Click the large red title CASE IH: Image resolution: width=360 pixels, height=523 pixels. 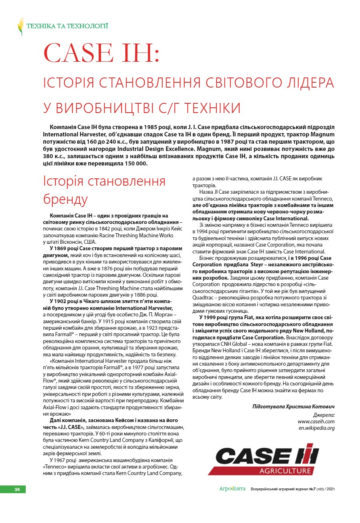click(103, 53)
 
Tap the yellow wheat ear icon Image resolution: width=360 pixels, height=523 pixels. click(21, 27)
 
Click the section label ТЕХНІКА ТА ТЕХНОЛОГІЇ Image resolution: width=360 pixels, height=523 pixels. click(67, 27)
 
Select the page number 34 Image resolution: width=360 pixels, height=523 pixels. click(17, 490)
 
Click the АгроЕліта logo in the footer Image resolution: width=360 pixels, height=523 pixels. click(232, 489)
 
